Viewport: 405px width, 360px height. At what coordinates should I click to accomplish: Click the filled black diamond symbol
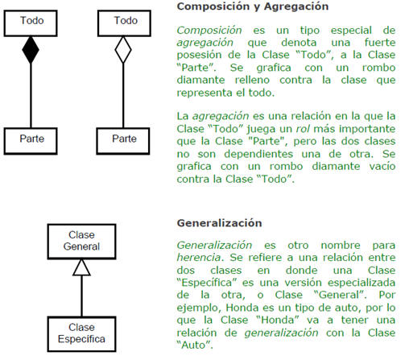point(31,50)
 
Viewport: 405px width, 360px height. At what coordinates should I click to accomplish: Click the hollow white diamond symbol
point(123,50)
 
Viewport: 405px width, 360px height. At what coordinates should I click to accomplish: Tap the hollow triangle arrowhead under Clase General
point(81,267)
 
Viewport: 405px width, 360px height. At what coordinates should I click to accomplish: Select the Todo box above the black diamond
point(31,23)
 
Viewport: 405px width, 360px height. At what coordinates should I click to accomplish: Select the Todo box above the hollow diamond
point(124,23)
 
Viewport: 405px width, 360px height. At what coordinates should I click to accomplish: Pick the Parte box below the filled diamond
point(31,141)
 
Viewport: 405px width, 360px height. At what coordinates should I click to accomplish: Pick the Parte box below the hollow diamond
point(123,141)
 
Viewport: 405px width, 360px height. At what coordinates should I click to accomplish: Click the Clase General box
point(81,242)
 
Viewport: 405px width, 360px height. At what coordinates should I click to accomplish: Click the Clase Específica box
point(81,334)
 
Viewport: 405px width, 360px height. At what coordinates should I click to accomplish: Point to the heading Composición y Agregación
point(253,6)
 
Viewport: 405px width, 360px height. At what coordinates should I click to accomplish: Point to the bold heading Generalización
point(219,223)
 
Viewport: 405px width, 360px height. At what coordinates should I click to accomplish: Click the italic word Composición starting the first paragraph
point(209,31)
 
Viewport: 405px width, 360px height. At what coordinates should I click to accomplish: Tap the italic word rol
point(302,129)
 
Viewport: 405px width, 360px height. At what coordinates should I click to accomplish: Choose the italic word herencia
point(199,258)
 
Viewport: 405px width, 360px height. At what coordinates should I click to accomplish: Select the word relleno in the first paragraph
point(252,81)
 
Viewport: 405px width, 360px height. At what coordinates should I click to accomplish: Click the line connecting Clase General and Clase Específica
point(81,296)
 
